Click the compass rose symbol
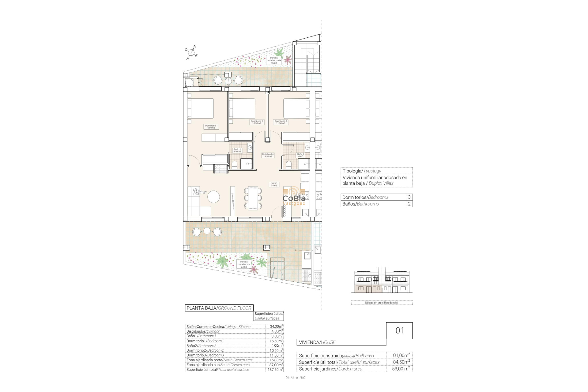coord(191,53)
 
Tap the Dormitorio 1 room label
coord(211,126)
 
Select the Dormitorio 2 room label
coord(257,122)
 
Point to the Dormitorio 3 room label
coord(281,122)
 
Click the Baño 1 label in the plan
coord(237,150)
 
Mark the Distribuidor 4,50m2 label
coord(268,155)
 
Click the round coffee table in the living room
coord(213,197)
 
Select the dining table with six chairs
coord(253,198)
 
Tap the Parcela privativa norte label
coord(274,60)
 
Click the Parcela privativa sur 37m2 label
coord(244,264)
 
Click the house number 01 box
coord(399,330)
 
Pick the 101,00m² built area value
coord(400,356)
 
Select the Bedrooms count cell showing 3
coord(409,197)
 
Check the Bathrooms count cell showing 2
coord(409,204)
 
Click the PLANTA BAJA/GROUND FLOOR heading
coord(219,308)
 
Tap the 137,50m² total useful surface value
coord(274,370)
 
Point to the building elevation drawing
coord(382,282)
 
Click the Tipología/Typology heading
coord(362,171)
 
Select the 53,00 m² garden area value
coord(401,369)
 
